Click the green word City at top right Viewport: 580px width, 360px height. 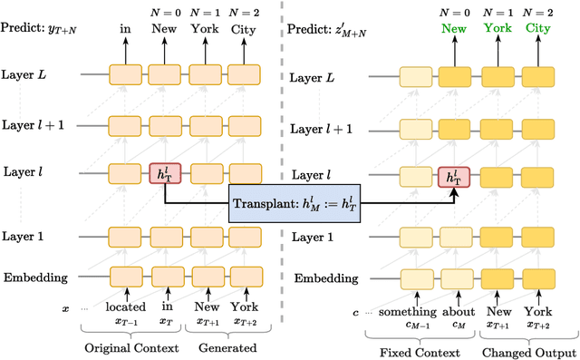coord(538,28)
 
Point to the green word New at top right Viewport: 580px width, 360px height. coord(453,28)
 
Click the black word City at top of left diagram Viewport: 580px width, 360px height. coord(243,29)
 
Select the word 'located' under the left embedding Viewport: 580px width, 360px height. coord(125,307)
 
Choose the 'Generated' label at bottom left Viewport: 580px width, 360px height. coord(223,348)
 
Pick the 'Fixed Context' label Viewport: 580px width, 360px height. coord(420,352)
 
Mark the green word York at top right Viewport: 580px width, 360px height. coord(496,28)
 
